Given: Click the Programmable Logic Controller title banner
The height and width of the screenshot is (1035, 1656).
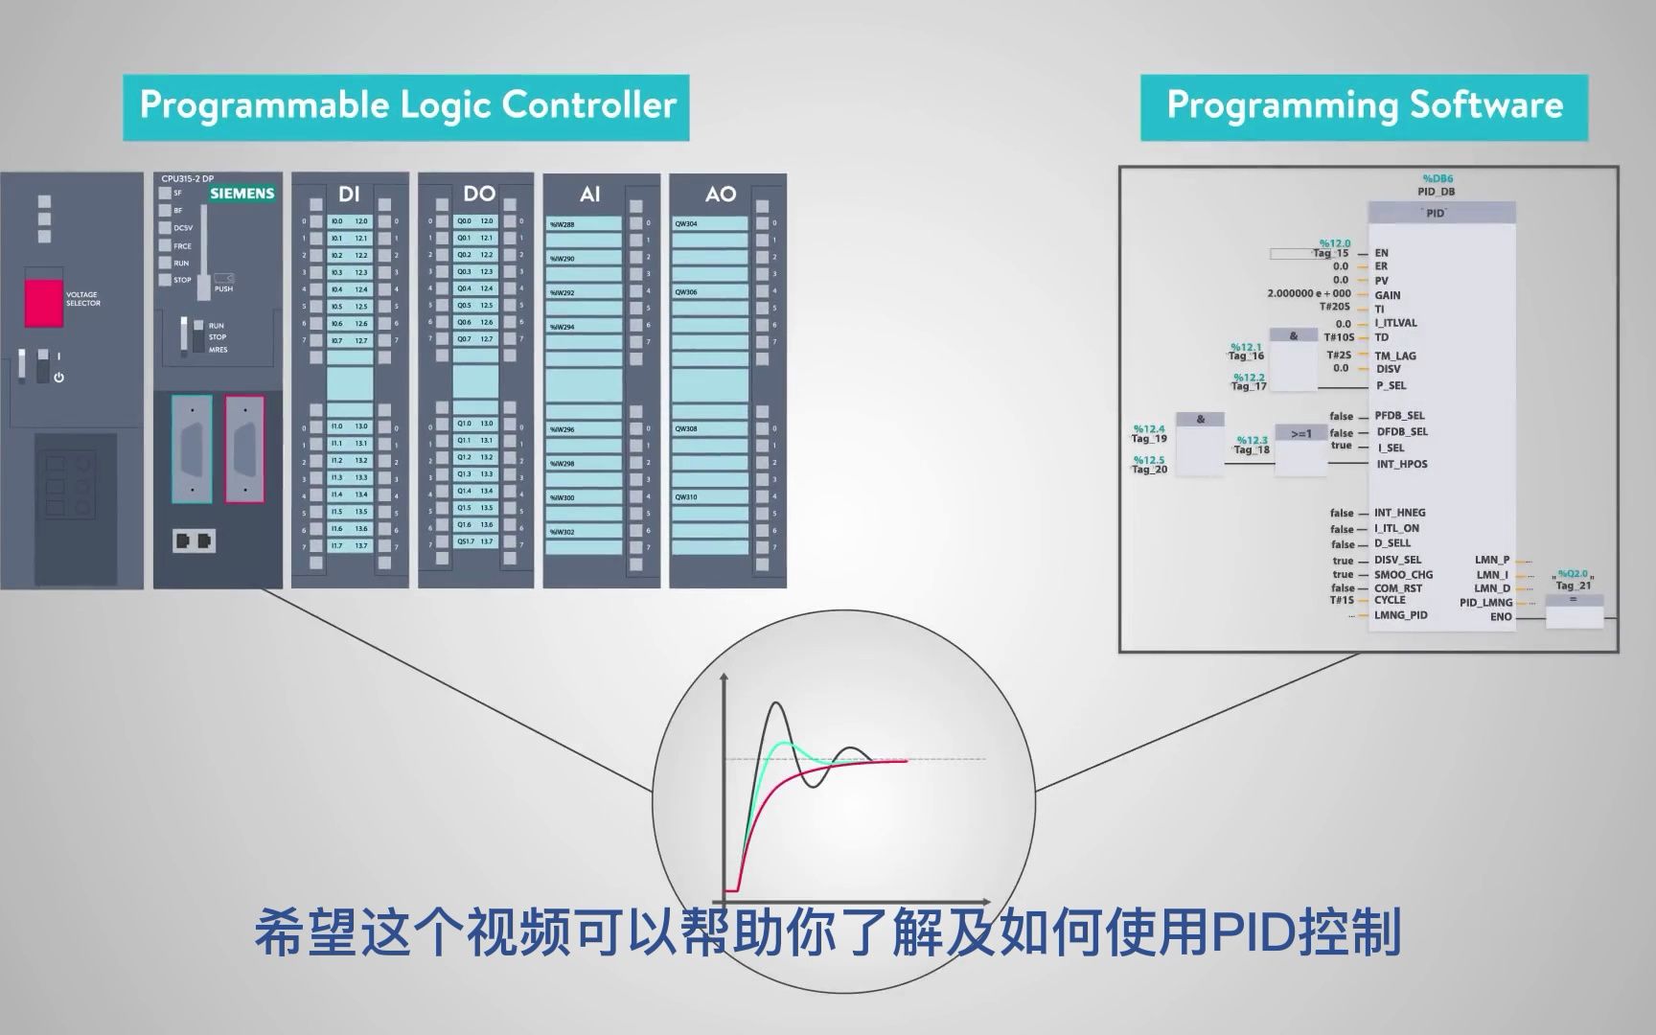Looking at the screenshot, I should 406,106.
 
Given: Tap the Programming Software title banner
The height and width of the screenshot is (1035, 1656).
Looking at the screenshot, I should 1364,106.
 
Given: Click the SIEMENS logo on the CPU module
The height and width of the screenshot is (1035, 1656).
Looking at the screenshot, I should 242,194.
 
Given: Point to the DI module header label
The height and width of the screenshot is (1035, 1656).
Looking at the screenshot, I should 349,195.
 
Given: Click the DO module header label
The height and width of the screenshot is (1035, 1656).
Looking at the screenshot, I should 479,195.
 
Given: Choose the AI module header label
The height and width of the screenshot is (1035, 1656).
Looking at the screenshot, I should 590,195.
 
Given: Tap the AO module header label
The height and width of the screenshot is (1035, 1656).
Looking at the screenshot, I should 720,195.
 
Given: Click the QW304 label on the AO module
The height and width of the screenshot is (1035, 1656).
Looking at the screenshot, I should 686,224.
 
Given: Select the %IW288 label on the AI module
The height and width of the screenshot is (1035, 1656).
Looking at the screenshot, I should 563,225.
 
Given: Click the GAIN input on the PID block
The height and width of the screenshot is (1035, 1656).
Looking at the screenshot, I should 1387,295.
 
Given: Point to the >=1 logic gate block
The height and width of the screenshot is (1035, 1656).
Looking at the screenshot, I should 1300,435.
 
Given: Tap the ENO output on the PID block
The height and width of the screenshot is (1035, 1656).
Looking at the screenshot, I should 1501,617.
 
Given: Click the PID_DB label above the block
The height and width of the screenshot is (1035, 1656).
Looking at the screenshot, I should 1436,192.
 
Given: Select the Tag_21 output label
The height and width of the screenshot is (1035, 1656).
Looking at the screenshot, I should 1573,586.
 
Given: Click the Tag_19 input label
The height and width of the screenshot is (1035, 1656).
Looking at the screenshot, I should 1149,439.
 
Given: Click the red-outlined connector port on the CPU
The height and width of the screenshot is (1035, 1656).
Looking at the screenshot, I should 244,448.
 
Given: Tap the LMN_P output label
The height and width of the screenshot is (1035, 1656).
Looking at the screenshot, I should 1492,560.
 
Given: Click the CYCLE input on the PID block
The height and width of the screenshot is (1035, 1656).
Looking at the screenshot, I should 1390,600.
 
